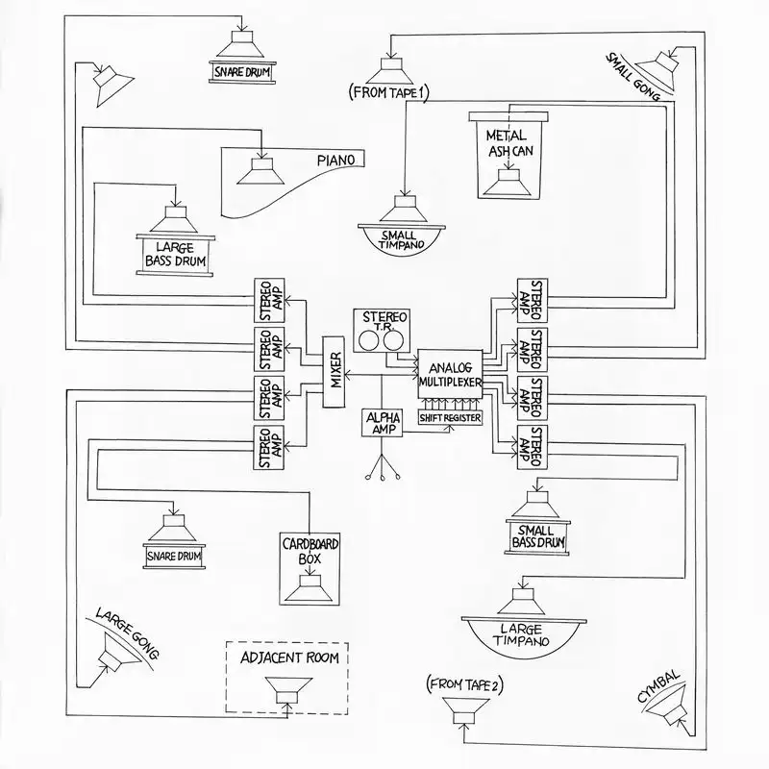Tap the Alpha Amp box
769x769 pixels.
381,423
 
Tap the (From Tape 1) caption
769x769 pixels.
389,91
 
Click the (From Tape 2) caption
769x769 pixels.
463,684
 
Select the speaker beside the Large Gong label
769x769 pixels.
116,661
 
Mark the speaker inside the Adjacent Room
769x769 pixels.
287,690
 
